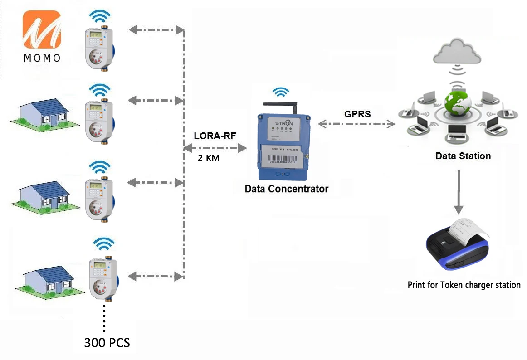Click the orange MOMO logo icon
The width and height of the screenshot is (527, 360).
[42, 30]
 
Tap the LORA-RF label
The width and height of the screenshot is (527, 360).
[215, 136]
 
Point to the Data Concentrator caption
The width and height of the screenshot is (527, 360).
[286, 189]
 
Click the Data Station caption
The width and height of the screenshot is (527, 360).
[463, 156]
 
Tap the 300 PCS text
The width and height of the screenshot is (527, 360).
[107, 342]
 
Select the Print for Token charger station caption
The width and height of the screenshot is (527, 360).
[464, 285]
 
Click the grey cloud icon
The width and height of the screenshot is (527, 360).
[456, 52]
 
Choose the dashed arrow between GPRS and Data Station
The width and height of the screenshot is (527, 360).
[356, 123]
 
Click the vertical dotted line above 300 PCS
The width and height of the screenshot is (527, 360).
[104, 318]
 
